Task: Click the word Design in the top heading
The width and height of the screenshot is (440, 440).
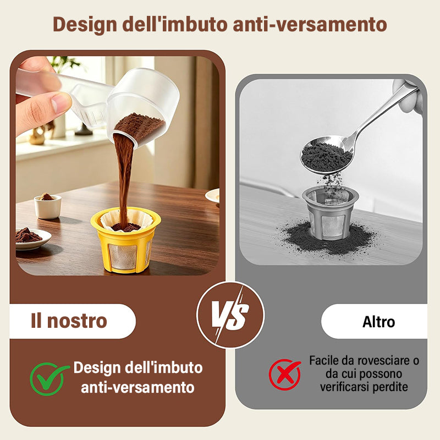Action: [x=85, y=25]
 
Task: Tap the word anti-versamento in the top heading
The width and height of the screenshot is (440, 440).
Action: [x=310, y=24]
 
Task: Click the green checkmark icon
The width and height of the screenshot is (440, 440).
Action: [x=49, y=378]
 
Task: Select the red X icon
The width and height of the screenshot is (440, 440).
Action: [x=284, y=375]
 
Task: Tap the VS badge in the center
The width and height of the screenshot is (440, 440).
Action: [x=230, y=315]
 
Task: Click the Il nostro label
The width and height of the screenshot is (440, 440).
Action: [x=69, y=321]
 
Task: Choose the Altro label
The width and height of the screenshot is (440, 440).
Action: [x=378, y=322]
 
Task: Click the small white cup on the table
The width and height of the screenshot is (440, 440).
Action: [x=47, y=207]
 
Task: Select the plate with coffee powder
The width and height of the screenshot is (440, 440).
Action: [x=32, y=239]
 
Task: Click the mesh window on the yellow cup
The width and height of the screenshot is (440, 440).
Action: [x=123, y=256]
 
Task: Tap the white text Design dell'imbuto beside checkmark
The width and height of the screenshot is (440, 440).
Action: [x=138, y=368]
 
